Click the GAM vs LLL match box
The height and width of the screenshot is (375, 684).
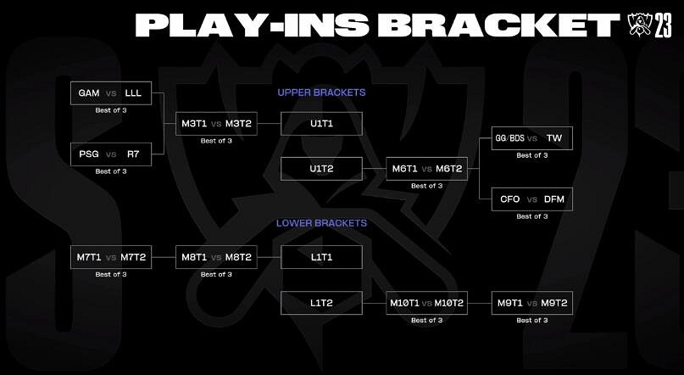coord(111,93)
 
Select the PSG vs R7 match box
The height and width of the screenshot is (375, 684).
coord(111,155)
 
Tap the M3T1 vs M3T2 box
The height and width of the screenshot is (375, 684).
coord(215,124)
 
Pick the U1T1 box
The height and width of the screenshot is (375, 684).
coord(321,124)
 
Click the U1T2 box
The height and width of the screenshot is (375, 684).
coord(321,169)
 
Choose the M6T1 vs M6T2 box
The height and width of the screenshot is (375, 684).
coord(426,169)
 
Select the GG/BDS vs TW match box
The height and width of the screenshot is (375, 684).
coord(532,138)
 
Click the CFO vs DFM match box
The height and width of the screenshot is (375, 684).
coord(532,199)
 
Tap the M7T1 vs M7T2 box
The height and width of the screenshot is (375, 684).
coord(111,258)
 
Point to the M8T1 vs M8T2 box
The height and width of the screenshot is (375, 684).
coord(215,258)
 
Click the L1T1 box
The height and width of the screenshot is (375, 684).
coord(321,258)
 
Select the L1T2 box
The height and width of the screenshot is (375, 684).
coord(321,303)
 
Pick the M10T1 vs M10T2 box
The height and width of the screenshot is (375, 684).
coord(426,303)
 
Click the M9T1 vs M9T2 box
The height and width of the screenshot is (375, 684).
coord(532,303)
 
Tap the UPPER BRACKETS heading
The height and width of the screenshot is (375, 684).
coord(321,92)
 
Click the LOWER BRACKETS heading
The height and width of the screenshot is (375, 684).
coord(321,224)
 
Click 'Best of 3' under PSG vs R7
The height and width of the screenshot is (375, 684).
coord(111,171)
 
